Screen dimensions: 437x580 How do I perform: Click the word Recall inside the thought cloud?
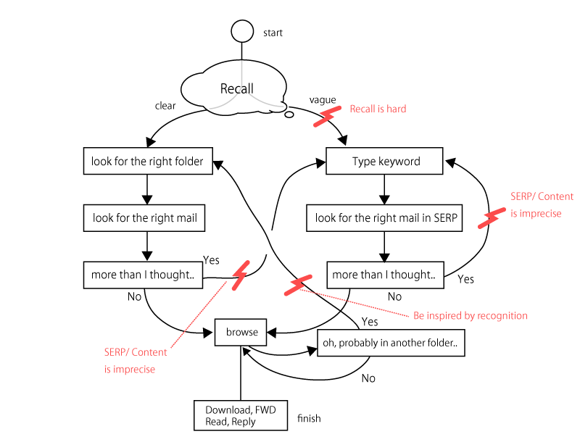pos(237,89)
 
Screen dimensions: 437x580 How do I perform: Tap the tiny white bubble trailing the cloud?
pos(289,115)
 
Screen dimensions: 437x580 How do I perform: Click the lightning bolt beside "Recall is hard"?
pos(327,116)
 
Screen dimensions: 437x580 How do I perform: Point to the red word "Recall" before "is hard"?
pos(362,109)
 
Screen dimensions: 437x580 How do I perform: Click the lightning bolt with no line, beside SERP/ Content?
pos(492,218)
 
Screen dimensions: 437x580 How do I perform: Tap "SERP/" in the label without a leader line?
pos(523,196)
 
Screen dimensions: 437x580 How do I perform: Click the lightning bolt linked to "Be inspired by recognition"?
pos(297,285)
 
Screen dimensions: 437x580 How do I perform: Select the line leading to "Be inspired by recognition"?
pos(355,303)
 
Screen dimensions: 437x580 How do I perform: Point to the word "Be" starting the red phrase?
pos(418,316)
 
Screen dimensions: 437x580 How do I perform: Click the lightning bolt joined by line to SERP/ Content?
pos(240,275)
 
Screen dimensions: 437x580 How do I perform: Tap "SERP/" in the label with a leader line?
pos(117,352)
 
